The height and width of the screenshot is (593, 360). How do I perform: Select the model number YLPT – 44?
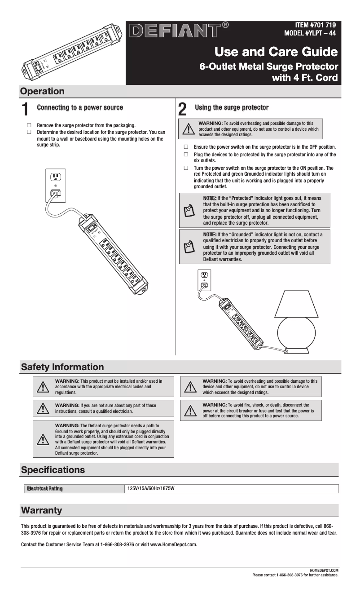[310, 33]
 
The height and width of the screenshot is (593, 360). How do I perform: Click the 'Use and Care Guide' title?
[276, 52]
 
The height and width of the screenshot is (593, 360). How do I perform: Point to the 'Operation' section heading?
[43, 91]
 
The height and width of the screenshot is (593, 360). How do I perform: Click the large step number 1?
[26, 110]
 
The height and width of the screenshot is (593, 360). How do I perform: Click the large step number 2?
[183, 110]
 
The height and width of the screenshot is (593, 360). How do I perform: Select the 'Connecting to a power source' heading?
[80, 108]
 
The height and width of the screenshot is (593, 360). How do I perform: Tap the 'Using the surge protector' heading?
[232, 107]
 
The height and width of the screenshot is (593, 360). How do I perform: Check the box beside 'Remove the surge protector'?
[29, 125]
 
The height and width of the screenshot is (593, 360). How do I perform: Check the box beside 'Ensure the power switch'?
[186, 147]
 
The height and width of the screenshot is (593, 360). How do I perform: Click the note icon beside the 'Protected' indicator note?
[189, 210]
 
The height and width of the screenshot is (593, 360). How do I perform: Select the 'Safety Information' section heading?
[62, 367]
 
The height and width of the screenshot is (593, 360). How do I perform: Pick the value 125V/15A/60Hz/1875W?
[151, 488]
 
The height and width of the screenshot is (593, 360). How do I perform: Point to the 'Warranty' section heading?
[42, 510]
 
